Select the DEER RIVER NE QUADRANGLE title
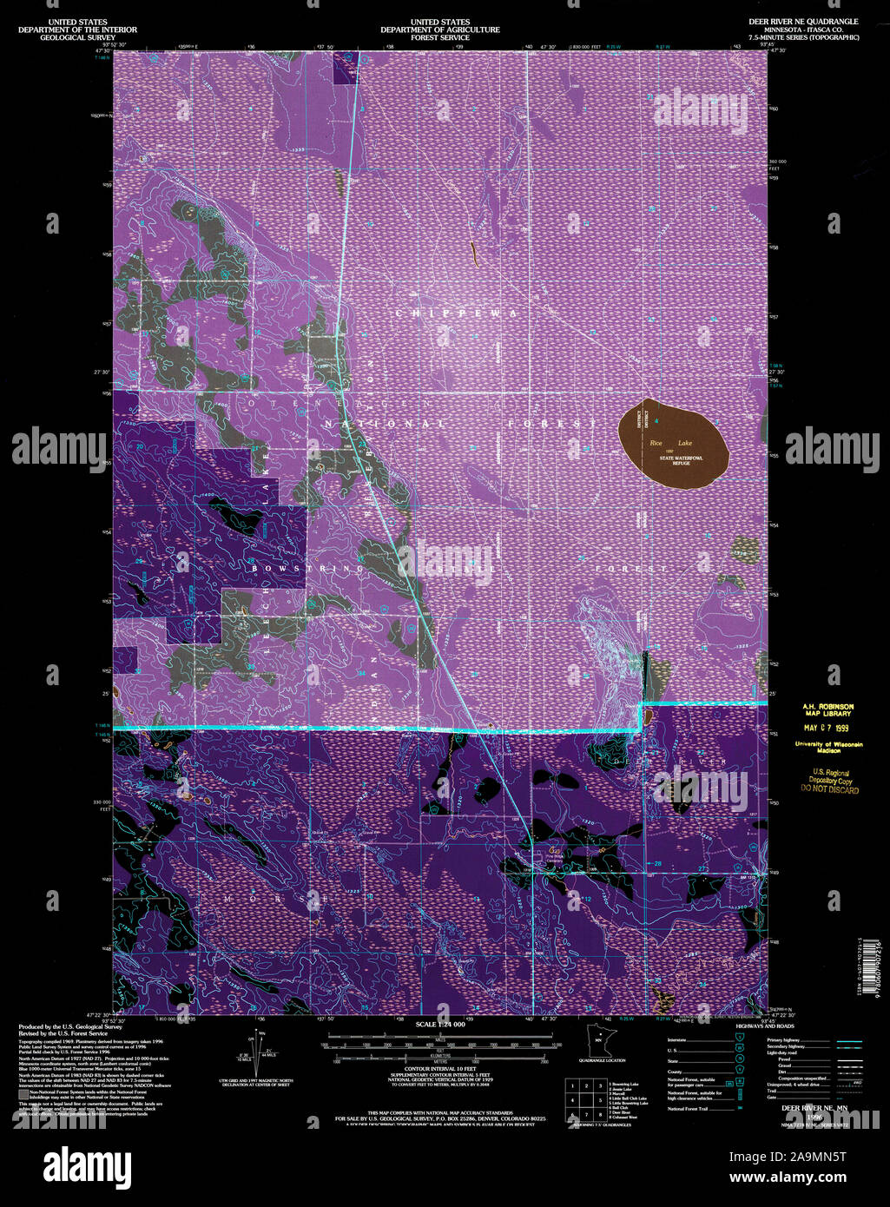coord(808,21)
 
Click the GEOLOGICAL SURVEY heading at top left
coord(78,37)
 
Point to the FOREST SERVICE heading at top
coord(440,37)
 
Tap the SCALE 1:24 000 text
coord(440,1026)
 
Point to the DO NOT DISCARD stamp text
coord(829,790)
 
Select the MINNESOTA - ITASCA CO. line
coord(808,30)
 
